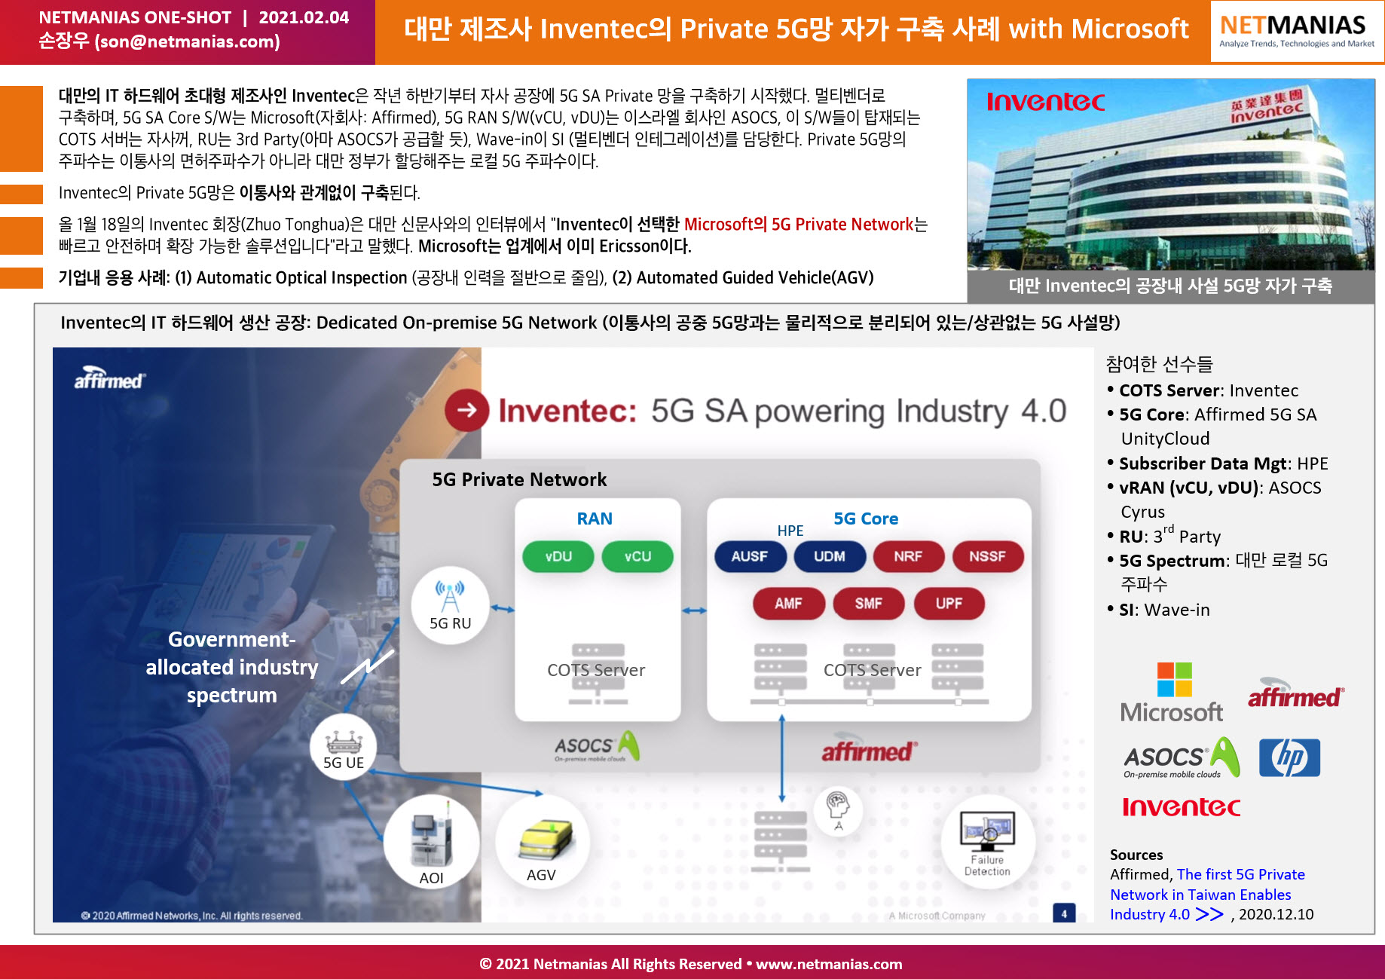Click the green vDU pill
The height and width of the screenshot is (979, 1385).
pyautogui.click(x=558, y=556)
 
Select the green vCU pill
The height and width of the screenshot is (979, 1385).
pyautogui.click(x=637, y=556)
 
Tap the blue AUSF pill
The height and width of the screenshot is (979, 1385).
pyautogui.click(x=750, y=556)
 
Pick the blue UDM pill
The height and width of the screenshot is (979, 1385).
pyautogui.click(x=830, y=556)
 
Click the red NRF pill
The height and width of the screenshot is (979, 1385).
pyautogui.click(x=908, y=556)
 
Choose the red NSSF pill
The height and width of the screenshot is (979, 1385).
pyautogui.click(x=988, y=556)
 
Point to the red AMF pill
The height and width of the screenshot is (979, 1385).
pyautogui.click(x=788, y=603)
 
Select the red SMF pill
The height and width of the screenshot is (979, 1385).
pyautogui.click(x=869, y=603)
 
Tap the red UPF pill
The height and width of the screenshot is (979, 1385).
pyautogui.click(x=949, y=603)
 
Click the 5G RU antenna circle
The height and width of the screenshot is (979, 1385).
pyautogui.click(x=450, y=604)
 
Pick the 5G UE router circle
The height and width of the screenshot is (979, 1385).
pyautogui.click(x=344, y=746)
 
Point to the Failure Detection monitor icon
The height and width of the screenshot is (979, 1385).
pyautogui.click(x=987, y=831)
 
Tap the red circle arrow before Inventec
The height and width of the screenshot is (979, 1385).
pyautogui.click(x=467, y=410)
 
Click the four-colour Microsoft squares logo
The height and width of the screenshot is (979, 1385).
pyautogui.click(x=1174, y=680)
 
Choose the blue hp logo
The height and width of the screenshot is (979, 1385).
pyautogui.click(x=1289, y=757)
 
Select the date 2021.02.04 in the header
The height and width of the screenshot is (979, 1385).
pyautogui.click(x=304, y=17)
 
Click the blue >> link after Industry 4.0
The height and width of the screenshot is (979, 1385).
pyautogui.click(x=1209, y=914)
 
